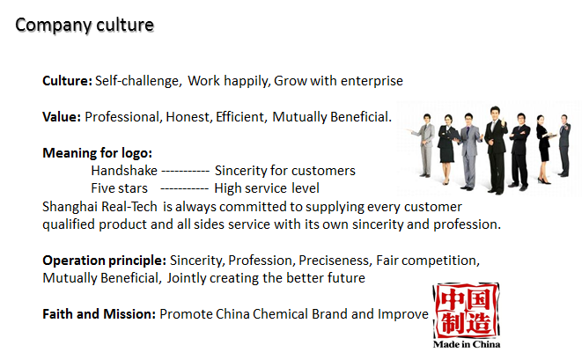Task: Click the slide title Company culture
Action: pyautogui.click(x=85, y=26)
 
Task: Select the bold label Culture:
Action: pyautogui.click(x=67, y=80)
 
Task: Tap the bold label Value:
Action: pyautogui.click(x=62, y=117)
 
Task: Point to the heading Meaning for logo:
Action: pyautogui.click(x=97, y=153)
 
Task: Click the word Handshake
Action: pyautogui.click(x=124, y=171)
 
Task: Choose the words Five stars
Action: pyautogui.click(x=119, y=188)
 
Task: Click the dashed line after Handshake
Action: pyautogui.click(x=186, y=171)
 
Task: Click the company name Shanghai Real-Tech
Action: pyautogui.click(x=99, y=207)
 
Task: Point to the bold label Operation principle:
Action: pyautogui.click(x=104, y=261)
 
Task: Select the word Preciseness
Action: pyautogui.click(x=335, y=261)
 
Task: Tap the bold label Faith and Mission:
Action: pyautogui.click(x=99, y=314)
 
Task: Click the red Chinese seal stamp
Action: pyautogui.click(x=466, y=311)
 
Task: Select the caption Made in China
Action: pyautogui.click(x=467, y=344)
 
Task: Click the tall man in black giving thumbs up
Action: pyautogui.click(x=496, y=150)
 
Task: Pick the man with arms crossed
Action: pyautogui.click(x=519, y=151)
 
